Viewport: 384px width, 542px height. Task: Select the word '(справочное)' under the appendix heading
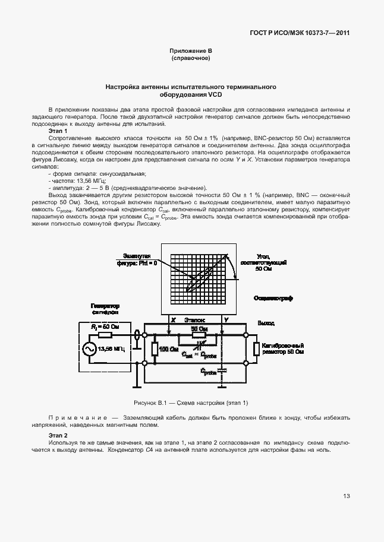[191, 59]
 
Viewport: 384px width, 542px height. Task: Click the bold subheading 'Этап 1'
[58, 131]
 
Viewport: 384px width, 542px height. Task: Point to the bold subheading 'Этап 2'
[58, 436]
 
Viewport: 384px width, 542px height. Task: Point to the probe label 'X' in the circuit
[173, 320]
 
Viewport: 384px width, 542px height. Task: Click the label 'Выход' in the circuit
[266, 323]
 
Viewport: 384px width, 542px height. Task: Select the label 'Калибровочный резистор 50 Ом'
[283, 348]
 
